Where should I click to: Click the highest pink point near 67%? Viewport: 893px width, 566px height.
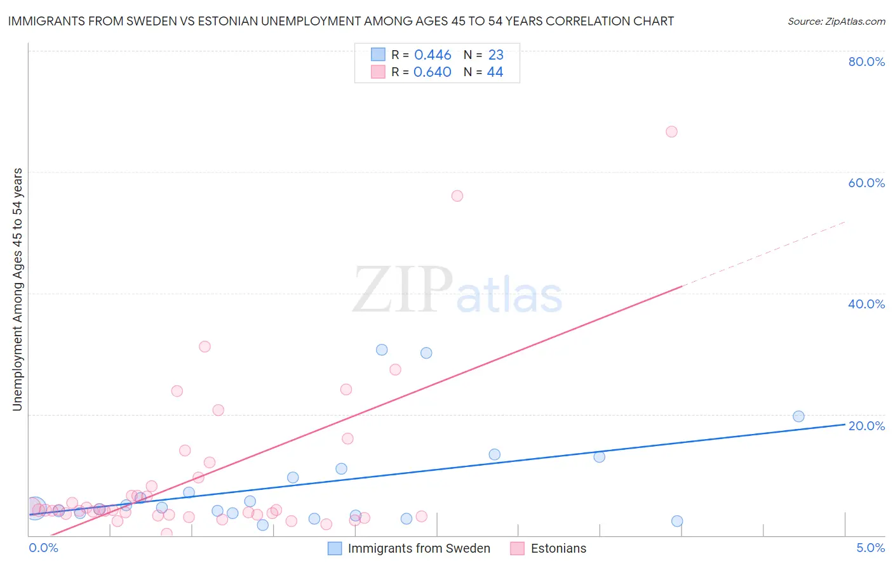[671, 132]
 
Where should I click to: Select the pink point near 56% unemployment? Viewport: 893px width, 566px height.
[457, 196]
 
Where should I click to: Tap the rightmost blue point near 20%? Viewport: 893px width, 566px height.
[798, 416]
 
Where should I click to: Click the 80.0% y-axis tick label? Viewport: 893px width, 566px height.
[866, 62]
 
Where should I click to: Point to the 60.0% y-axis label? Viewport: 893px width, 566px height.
[866, 183]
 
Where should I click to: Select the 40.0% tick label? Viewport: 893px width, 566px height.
[866, 304]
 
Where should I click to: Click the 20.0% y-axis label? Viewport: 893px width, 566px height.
[866, 426]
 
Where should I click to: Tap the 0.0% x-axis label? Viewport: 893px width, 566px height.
[43, 548]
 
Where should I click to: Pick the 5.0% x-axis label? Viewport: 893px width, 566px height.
[870, 548]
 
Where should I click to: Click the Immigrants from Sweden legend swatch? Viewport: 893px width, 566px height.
[335, 548]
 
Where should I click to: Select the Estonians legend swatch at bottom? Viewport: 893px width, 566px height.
[517, 548]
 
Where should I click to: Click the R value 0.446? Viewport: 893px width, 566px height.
[433, 55]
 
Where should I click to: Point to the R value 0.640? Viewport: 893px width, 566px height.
[433, 72]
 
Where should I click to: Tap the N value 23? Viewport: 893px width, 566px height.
[495, 55]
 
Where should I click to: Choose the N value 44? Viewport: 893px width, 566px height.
[495, 72]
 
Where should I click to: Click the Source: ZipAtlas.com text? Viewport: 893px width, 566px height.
[836, 22]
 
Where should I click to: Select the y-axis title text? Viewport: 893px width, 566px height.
[18, 289]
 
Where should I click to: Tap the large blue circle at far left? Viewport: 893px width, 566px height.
[35, 508]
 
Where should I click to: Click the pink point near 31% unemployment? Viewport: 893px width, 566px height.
[205, 346]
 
